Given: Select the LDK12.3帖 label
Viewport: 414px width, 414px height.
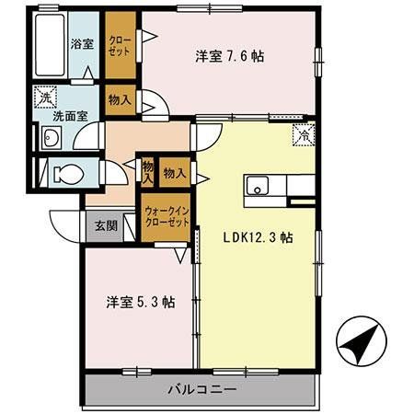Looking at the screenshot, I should click(259, 236).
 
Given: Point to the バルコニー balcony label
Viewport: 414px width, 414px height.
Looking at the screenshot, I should click(202, 388).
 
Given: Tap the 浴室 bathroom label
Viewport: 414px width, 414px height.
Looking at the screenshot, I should click(81, 43).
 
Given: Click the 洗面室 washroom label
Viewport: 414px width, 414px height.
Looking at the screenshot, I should click(69, 117).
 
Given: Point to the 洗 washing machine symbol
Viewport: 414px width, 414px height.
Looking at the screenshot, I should click(46, 95).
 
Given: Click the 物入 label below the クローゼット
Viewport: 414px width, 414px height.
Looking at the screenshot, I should click(120, 98).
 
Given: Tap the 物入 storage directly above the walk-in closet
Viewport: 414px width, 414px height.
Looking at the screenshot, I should click(175, 172).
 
